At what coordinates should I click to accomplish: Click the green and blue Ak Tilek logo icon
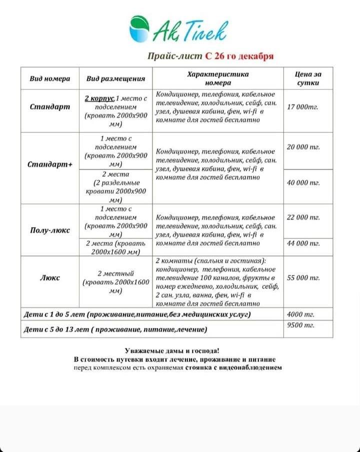pos(141,28)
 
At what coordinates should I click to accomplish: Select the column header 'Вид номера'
pos(49,78)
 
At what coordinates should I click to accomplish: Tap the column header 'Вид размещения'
pos(115,78)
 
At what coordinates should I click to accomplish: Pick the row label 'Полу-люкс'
pos(49,230)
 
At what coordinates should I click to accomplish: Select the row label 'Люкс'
pos(49,277)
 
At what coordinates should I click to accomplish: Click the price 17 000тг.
pos(303,107)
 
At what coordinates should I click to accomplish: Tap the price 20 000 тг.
pos(303,147)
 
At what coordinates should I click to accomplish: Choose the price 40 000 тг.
pos(303,183)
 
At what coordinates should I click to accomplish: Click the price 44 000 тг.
pos(303,243)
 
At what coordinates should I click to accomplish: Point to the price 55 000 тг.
pos(303,277)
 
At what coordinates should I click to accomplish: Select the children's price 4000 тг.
pos(299,314)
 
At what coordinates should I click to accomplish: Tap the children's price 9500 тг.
pos(300,325)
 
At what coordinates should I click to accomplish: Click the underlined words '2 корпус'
pos(99,97)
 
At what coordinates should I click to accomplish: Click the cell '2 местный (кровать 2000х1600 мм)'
pos(115,282)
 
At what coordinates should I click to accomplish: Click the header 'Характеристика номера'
pos(217,78)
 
